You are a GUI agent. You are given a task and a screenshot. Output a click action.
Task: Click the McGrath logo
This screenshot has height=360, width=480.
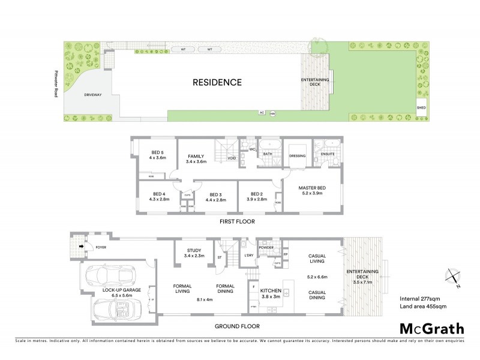431,328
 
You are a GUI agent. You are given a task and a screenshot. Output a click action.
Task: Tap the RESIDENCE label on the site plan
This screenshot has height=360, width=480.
217,82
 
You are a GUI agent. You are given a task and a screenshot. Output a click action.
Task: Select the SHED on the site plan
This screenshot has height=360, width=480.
421,109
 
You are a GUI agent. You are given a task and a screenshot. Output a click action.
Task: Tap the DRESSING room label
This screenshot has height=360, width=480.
297,156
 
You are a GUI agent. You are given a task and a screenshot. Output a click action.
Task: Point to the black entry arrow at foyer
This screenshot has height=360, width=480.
80,246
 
